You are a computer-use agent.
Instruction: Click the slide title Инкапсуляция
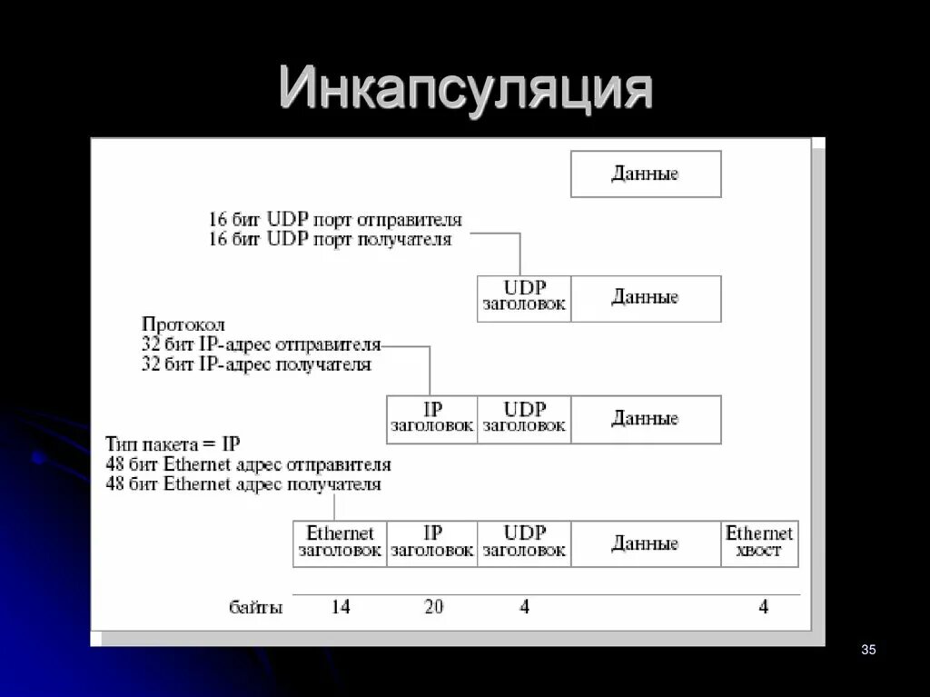(465, 89)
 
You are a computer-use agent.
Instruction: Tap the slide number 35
(867, 649)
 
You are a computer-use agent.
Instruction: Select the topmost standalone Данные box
(645, 174)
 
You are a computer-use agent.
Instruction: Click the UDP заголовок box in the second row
(524, 298)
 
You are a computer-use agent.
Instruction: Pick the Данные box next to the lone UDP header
(645, 298)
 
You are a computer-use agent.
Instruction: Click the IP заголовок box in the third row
(432, 419)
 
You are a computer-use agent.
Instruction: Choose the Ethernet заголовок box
(340, 543)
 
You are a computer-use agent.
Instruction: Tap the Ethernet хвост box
(759, 543)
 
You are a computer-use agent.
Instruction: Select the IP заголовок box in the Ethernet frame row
(432, 543)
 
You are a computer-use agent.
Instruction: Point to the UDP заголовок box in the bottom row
(524, 543)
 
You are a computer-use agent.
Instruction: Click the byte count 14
(340, 607)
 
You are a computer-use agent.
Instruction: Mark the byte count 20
(433, 607)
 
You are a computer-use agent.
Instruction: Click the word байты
(255, 608)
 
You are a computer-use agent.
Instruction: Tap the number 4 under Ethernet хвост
(763, 607)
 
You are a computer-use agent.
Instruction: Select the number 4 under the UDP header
(524, 607)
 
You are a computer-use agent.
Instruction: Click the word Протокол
(183, 324)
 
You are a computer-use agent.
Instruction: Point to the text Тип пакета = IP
(173, 444)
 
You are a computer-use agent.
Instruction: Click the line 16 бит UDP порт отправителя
(335, 221)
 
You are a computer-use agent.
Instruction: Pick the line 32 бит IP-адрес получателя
(256, 364)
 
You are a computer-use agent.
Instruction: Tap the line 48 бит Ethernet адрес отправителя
(248, 464)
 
